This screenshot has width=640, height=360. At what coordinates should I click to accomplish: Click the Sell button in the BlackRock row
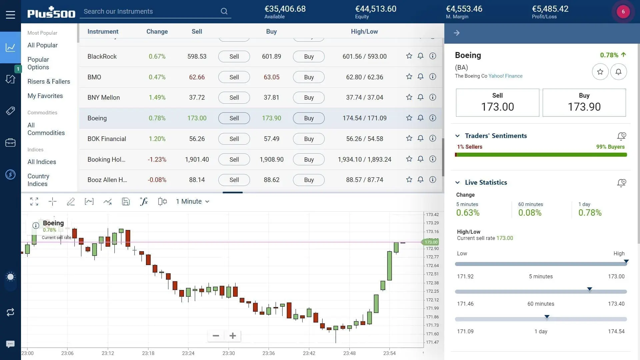(234, 56)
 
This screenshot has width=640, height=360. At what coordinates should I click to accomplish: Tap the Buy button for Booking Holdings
(309, 159)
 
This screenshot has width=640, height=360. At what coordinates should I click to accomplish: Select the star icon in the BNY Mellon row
(409, 97)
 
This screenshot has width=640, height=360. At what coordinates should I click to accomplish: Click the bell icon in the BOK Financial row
(420, 138)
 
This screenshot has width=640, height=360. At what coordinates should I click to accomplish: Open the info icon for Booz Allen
(432, 180)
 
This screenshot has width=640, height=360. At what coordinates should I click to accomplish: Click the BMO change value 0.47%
(157, 77)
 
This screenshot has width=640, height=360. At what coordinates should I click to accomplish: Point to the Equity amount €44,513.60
(376, 9)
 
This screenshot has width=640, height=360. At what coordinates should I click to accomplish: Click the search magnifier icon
(224, 11)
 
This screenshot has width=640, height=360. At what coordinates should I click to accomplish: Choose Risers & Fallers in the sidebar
(49, 81)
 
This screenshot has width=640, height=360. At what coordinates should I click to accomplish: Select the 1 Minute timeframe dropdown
(192, 201)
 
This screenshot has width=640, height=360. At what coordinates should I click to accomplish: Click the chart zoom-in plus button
(233, 336)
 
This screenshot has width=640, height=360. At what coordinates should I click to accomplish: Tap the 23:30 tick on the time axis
(229, 353)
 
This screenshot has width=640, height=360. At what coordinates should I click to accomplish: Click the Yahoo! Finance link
(505, 76)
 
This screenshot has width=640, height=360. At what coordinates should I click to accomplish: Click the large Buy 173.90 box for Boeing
(584, 103)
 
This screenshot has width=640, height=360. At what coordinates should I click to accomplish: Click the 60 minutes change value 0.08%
(530, 213)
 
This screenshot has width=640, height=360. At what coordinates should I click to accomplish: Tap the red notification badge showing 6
(623, 12)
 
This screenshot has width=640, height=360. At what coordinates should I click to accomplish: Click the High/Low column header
(364, 32)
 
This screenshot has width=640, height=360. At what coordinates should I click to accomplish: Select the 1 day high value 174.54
(616, 331)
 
